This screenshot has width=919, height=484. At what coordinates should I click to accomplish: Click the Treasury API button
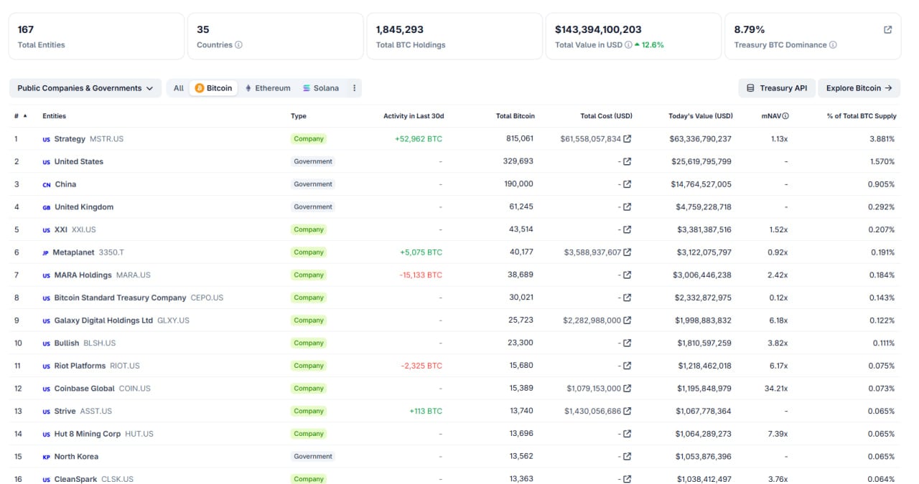coord(777,88)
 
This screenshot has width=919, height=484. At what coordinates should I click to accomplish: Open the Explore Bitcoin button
coord(859,88)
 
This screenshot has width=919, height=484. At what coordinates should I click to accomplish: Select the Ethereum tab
coord(268,88)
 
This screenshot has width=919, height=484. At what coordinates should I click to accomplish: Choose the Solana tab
coord(321,88)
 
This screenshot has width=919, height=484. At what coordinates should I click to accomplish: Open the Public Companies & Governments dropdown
coord(85,88)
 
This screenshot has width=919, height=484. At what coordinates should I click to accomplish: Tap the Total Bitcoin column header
coord(515,116)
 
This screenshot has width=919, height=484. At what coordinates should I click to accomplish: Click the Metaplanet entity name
coord(73,252)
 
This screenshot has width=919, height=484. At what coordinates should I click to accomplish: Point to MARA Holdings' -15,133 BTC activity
coord(421,275)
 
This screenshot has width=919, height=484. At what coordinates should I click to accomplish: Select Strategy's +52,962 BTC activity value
coord(419,139)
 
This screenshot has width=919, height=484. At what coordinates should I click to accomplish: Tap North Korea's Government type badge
coord(313,457)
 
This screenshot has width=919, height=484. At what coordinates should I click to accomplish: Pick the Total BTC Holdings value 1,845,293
coord(400,30)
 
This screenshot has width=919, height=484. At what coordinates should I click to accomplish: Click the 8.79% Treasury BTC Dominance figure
coord(750,30)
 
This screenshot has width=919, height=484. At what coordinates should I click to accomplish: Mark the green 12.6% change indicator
coord(649,45)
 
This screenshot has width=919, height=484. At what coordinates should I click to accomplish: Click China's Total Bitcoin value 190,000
coord(518,184)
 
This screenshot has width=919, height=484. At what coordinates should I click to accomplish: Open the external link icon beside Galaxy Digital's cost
coord(628,321)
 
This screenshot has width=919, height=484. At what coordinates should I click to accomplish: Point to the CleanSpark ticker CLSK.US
coord(117,480)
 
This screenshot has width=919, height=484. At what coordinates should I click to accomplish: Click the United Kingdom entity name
coord(84,207)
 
